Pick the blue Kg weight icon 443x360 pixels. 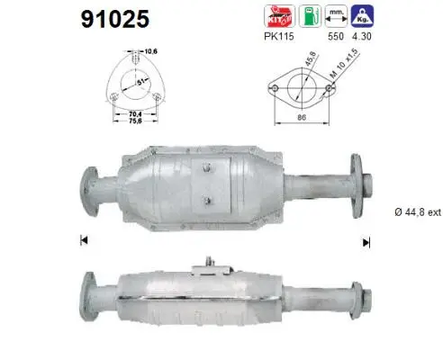(x=365, y=15)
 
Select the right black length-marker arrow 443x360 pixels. (x=366, y=240)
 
